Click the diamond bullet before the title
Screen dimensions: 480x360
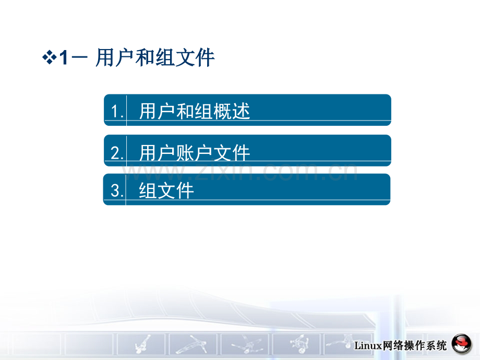49,57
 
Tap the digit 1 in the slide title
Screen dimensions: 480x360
64,57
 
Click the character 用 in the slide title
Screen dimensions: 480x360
105,57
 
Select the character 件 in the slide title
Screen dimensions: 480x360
205,57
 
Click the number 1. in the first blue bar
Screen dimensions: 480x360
117,111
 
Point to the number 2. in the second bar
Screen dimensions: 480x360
117,153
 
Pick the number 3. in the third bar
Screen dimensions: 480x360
117,191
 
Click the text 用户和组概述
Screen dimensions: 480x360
195,111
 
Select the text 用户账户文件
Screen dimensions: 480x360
195,152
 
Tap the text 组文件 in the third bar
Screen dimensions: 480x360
166,190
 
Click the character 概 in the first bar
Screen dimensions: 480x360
223,111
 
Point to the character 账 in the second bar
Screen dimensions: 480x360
186,152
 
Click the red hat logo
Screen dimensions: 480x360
462,344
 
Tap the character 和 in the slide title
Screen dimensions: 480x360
145,57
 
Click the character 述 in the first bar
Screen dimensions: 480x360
241,111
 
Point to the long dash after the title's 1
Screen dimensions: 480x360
79,57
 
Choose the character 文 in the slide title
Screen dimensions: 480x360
185,57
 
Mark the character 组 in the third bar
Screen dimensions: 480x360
148,190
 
